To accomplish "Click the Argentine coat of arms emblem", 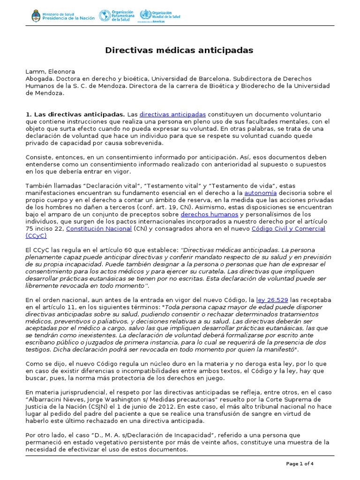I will (36, 16).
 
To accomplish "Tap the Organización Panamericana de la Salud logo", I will (116, 15).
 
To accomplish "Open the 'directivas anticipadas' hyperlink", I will (172, 114).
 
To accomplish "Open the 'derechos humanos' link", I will (210, 214).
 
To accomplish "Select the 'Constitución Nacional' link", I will (99, 228).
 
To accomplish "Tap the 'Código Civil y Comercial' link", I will (288, 228).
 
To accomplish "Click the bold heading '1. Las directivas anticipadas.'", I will (75, 114).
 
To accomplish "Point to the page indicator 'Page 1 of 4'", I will (300, 464).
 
